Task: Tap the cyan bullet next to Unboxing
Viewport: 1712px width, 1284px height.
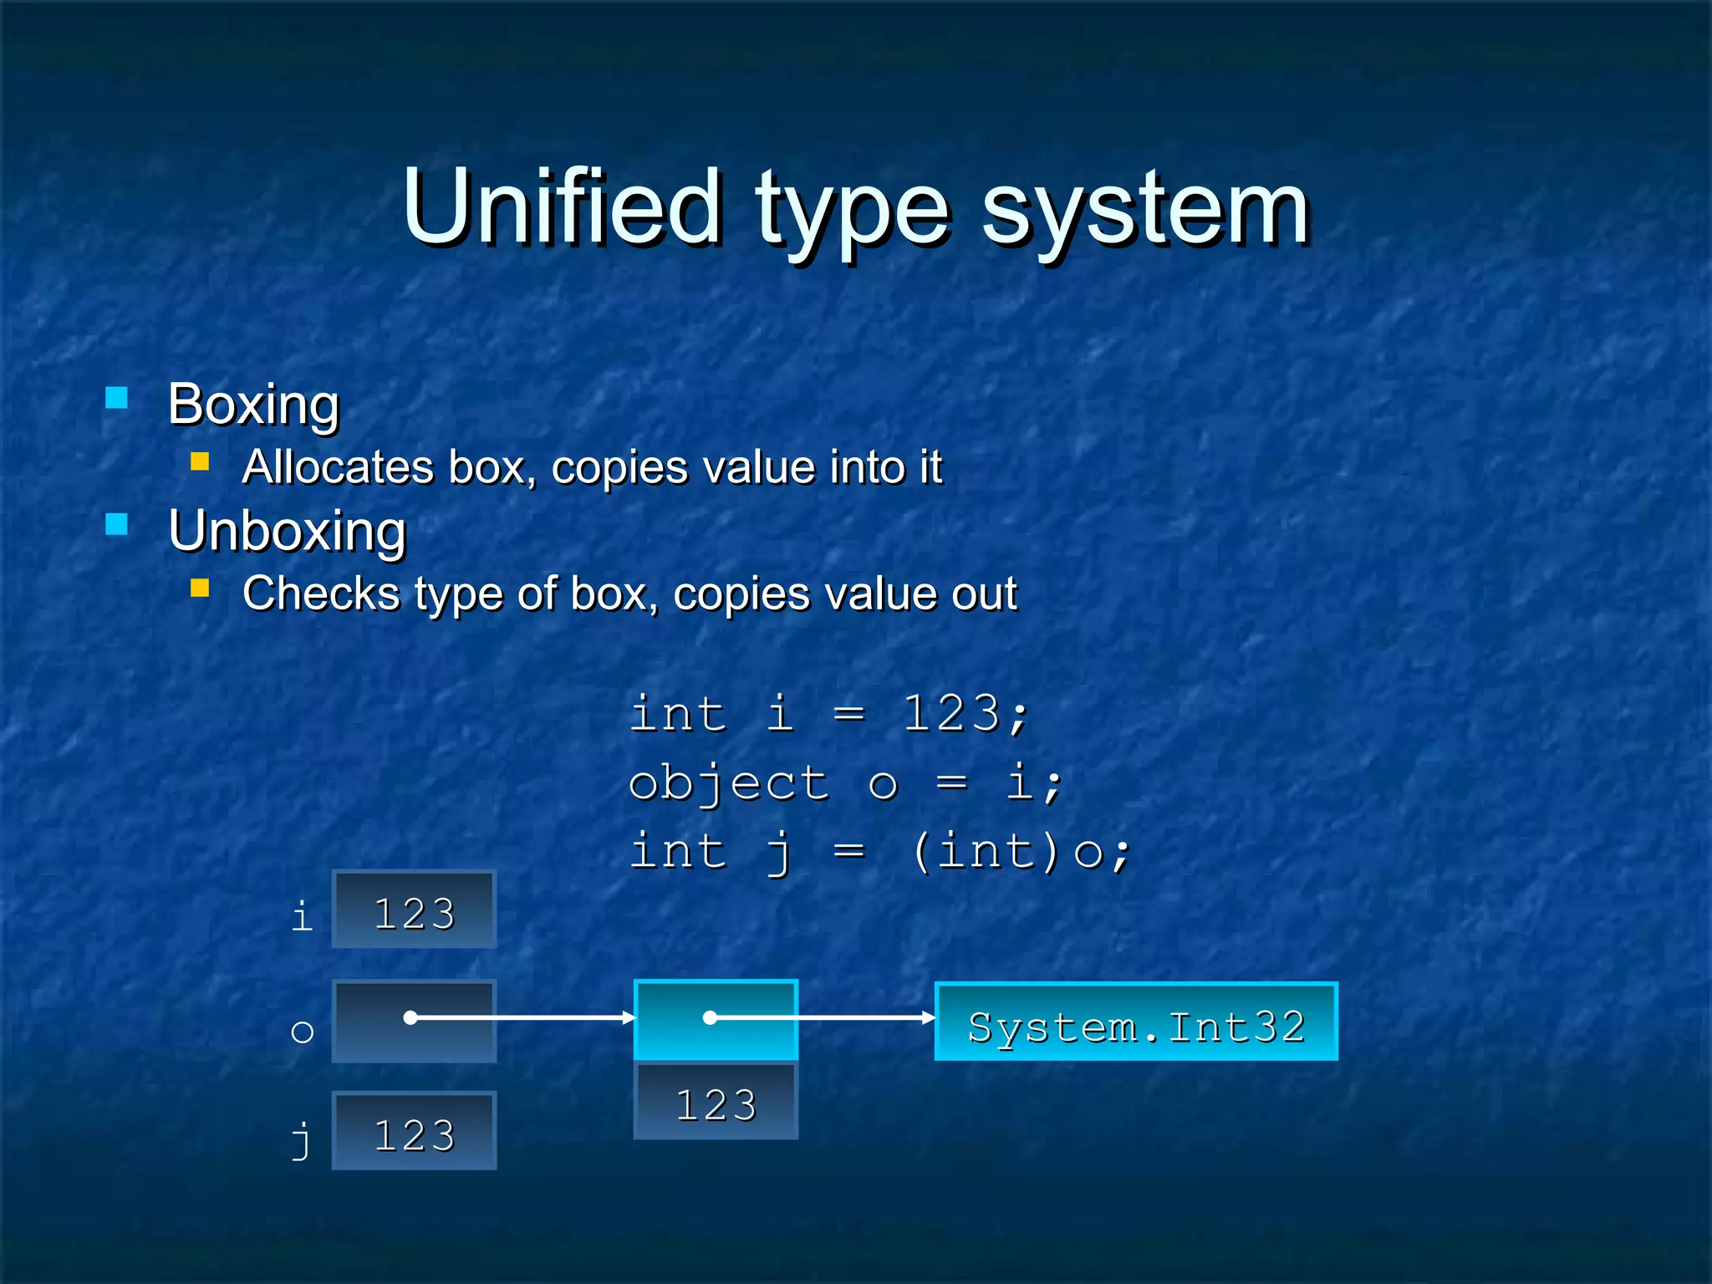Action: tap(117, 524)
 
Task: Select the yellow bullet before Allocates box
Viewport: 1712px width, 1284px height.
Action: tap(200, 461)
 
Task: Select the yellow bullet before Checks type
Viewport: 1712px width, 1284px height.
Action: tap(200, 588)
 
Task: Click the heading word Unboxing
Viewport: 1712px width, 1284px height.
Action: tap(288, 531)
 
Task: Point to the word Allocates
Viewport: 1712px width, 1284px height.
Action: tap(338, 466)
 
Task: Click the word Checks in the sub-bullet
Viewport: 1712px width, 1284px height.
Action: tap(321, 594)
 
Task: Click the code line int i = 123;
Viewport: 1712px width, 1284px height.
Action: tap(829, 715)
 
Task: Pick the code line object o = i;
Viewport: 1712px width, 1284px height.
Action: tap(844, 783)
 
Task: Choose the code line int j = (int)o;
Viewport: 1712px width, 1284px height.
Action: tap(879, 853)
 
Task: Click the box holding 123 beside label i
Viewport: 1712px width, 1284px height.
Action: tap(414, 909)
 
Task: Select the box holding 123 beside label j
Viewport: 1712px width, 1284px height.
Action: tap(414, 1131)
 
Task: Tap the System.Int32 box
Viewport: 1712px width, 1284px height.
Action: tap(1136, 1022)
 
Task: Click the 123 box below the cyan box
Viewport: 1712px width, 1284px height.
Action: tap(716, 1101)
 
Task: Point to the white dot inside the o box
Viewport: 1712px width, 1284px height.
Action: tap(410, 1017)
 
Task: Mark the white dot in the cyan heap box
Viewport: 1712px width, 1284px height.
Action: tap(710, 1017)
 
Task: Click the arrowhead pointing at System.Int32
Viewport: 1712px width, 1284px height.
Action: tap(928, 1017)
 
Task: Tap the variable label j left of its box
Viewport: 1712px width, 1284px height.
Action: tap(301, 1139)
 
